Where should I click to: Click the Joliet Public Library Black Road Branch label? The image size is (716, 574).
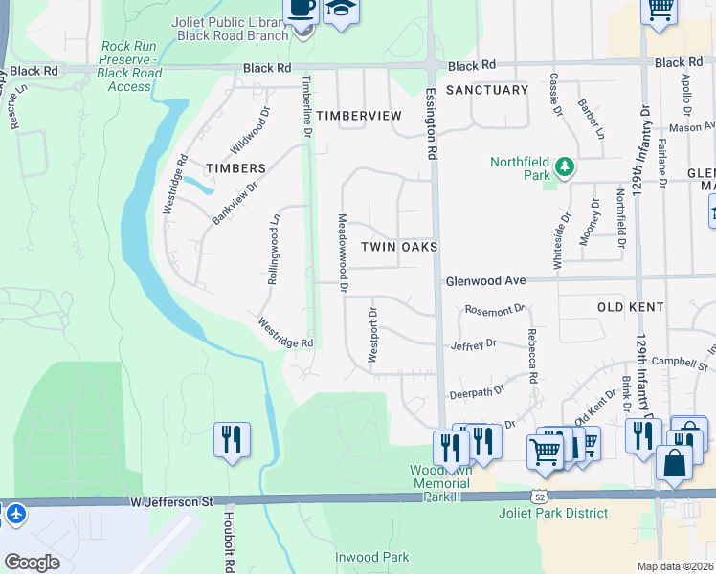pyautogui.click(x=233, y=29)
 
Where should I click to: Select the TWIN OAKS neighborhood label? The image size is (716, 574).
pyautogui.click(x=399, y=247)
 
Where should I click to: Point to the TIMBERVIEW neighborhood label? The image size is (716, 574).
pyautogui.click(x=359, y=115)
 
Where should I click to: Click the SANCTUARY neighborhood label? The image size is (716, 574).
pyautogui.click(x=487, y=90)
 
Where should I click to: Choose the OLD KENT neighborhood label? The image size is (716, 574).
pyautogui.click(x=630, y=307)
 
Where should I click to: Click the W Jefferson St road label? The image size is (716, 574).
pyautogui.click(x=168, y=501)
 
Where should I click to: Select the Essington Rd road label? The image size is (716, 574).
pyautogui.click(x=432, y=125)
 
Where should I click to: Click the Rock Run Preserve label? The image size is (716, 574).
pyautogui.click(x=131, y=66)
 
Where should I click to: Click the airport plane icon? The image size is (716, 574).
pyautogui.click(x=14, y=514)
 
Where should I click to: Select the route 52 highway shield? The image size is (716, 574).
pyautogui.click(x=542, y=496)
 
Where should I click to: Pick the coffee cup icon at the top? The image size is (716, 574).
pyautogui.click(x=302, y=8)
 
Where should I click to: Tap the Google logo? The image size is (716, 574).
pyautogui.click(x=32, y=563)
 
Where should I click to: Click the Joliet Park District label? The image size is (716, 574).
pyautogui.click(x=553, y=513)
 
